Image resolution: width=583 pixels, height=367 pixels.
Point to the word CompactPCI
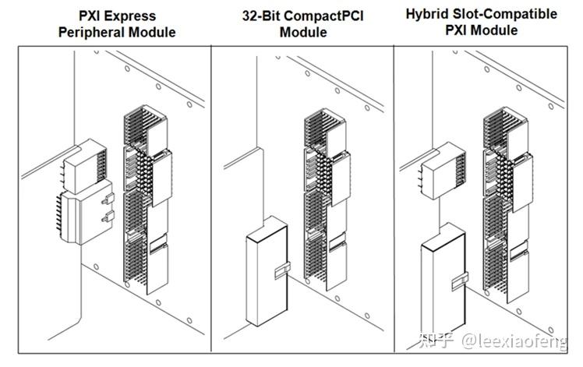323,16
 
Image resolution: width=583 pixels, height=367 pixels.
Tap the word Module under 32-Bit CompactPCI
304,33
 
